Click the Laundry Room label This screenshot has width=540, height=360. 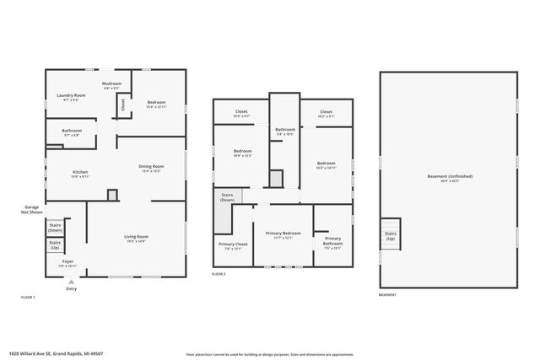pos(72,97)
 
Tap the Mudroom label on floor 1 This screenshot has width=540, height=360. pos(112,85)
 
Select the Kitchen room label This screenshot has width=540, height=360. pos(80,174)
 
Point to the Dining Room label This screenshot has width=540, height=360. pos(151,168)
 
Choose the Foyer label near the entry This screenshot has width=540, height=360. pos(67,263)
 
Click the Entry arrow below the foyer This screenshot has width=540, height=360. pos(71,282)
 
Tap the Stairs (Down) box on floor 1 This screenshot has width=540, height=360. pos(56,227)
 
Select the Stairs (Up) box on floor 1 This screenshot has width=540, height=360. pos(56,246)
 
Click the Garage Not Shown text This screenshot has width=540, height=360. pos(32,210)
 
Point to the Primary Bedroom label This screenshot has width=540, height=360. pos(283,234)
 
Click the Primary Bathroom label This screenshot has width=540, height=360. pos(332,242)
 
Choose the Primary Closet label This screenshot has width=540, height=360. pos(230,246)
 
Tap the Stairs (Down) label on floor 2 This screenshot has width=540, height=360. pos(227,196)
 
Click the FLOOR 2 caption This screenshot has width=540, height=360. pos(219,274)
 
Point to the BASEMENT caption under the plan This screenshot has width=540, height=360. pos(386,296)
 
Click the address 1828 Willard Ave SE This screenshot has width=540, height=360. pos(51,354)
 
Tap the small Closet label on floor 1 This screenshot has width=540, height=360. pos(123,105)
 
